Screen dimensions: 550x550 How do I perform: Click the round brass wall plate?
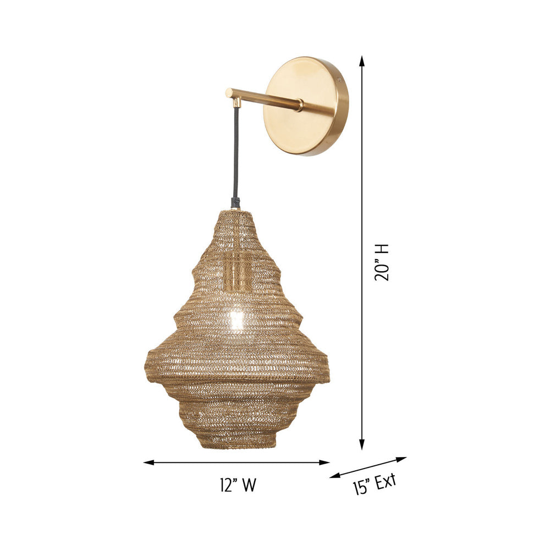[x=306, y=106]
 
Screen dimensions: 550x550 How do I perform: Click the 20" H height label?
[x=382, y=262]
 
